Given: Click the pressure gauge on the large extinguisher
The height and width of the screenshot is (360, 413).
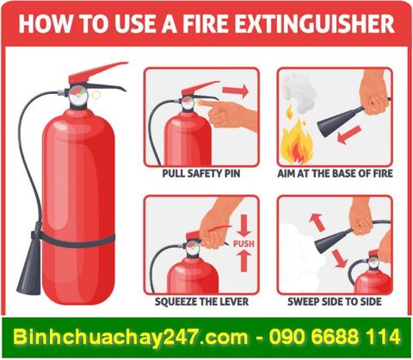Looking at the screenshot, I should pos(77,92).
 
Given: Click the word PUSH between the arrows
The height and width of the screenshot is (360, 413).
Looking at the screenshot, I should pos(244,244).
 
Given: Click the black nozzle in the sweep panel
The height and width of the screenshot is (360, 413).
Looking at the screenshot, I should pos(330,240).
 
